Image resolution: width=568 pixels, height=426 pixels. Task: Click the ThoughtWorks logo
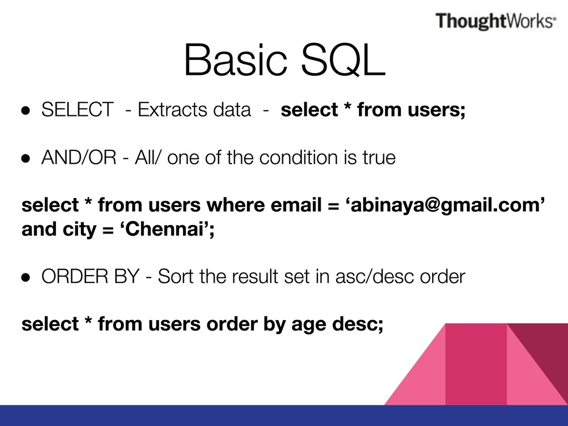pos(495,21)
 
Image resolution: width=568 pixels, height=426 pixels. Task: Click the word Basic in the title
pos(236,60)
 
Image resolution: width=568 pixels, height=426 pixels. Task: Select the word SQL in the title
pos(343,60)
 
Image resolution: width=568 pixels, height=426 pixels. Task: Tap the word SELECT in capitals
pos(78,109)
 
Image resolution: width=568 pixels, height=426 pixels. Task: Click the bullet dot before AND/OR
pos(26,158)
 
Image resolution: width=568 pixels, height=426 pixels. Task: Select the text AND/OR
pos(79,158)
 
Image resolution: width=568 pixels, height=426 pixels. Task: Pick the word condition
pos(294,158)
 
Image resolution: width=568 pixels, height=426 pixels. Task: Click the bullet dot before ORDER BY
pos(26,277)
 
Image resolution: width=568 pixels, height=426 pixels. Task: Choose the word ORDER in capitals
pos(75,276)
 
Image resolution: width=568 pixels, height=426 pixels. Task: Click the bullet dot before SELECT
pos(26,110)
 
